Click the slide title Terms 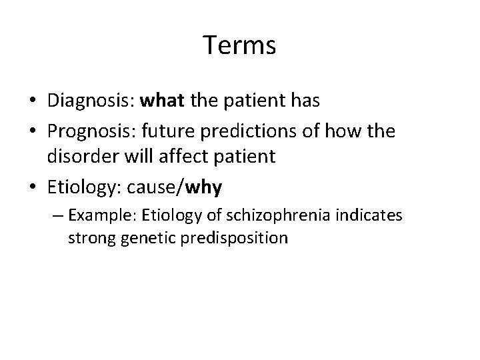(x=239, y=46)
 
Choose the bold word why (x=205, y=189)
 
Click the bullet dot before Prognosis (x=33, y=132)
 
